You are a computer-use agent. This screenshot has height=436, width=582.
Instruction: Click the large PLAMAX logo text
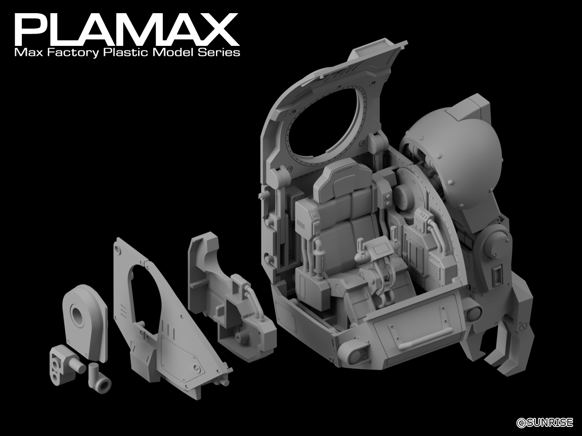click(x=127, y=30)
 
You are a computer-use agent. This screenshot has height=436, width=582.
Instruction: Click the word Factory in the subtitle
click(x=73, y=53)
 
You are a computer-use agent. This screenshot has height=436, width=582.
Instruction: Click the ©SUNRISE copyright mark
click(x=545, y=422)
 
